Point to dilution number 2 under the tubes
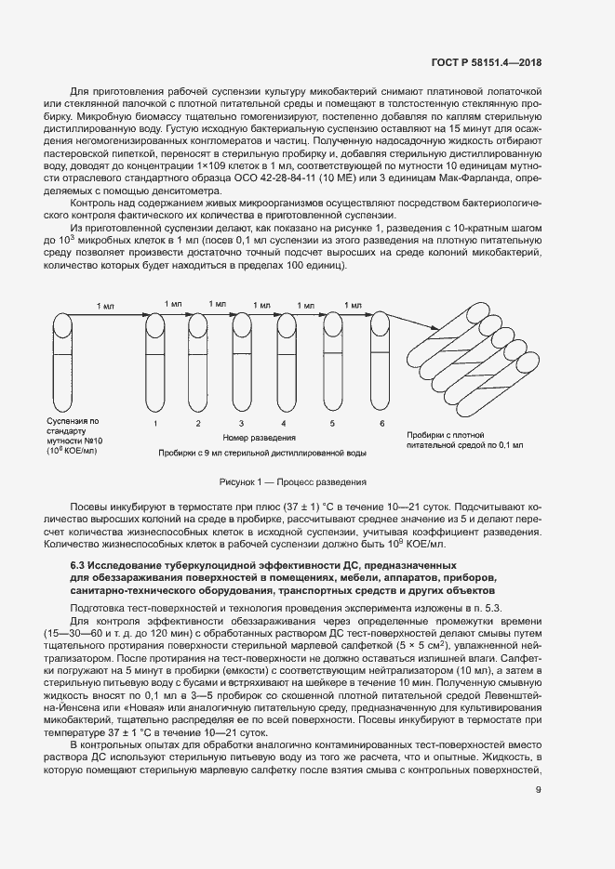198,424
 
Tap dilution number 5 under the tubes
333,424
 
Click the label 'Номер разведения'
260,437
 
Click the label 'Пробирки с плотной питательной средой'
464,440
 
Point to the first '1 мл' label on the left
106,305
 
